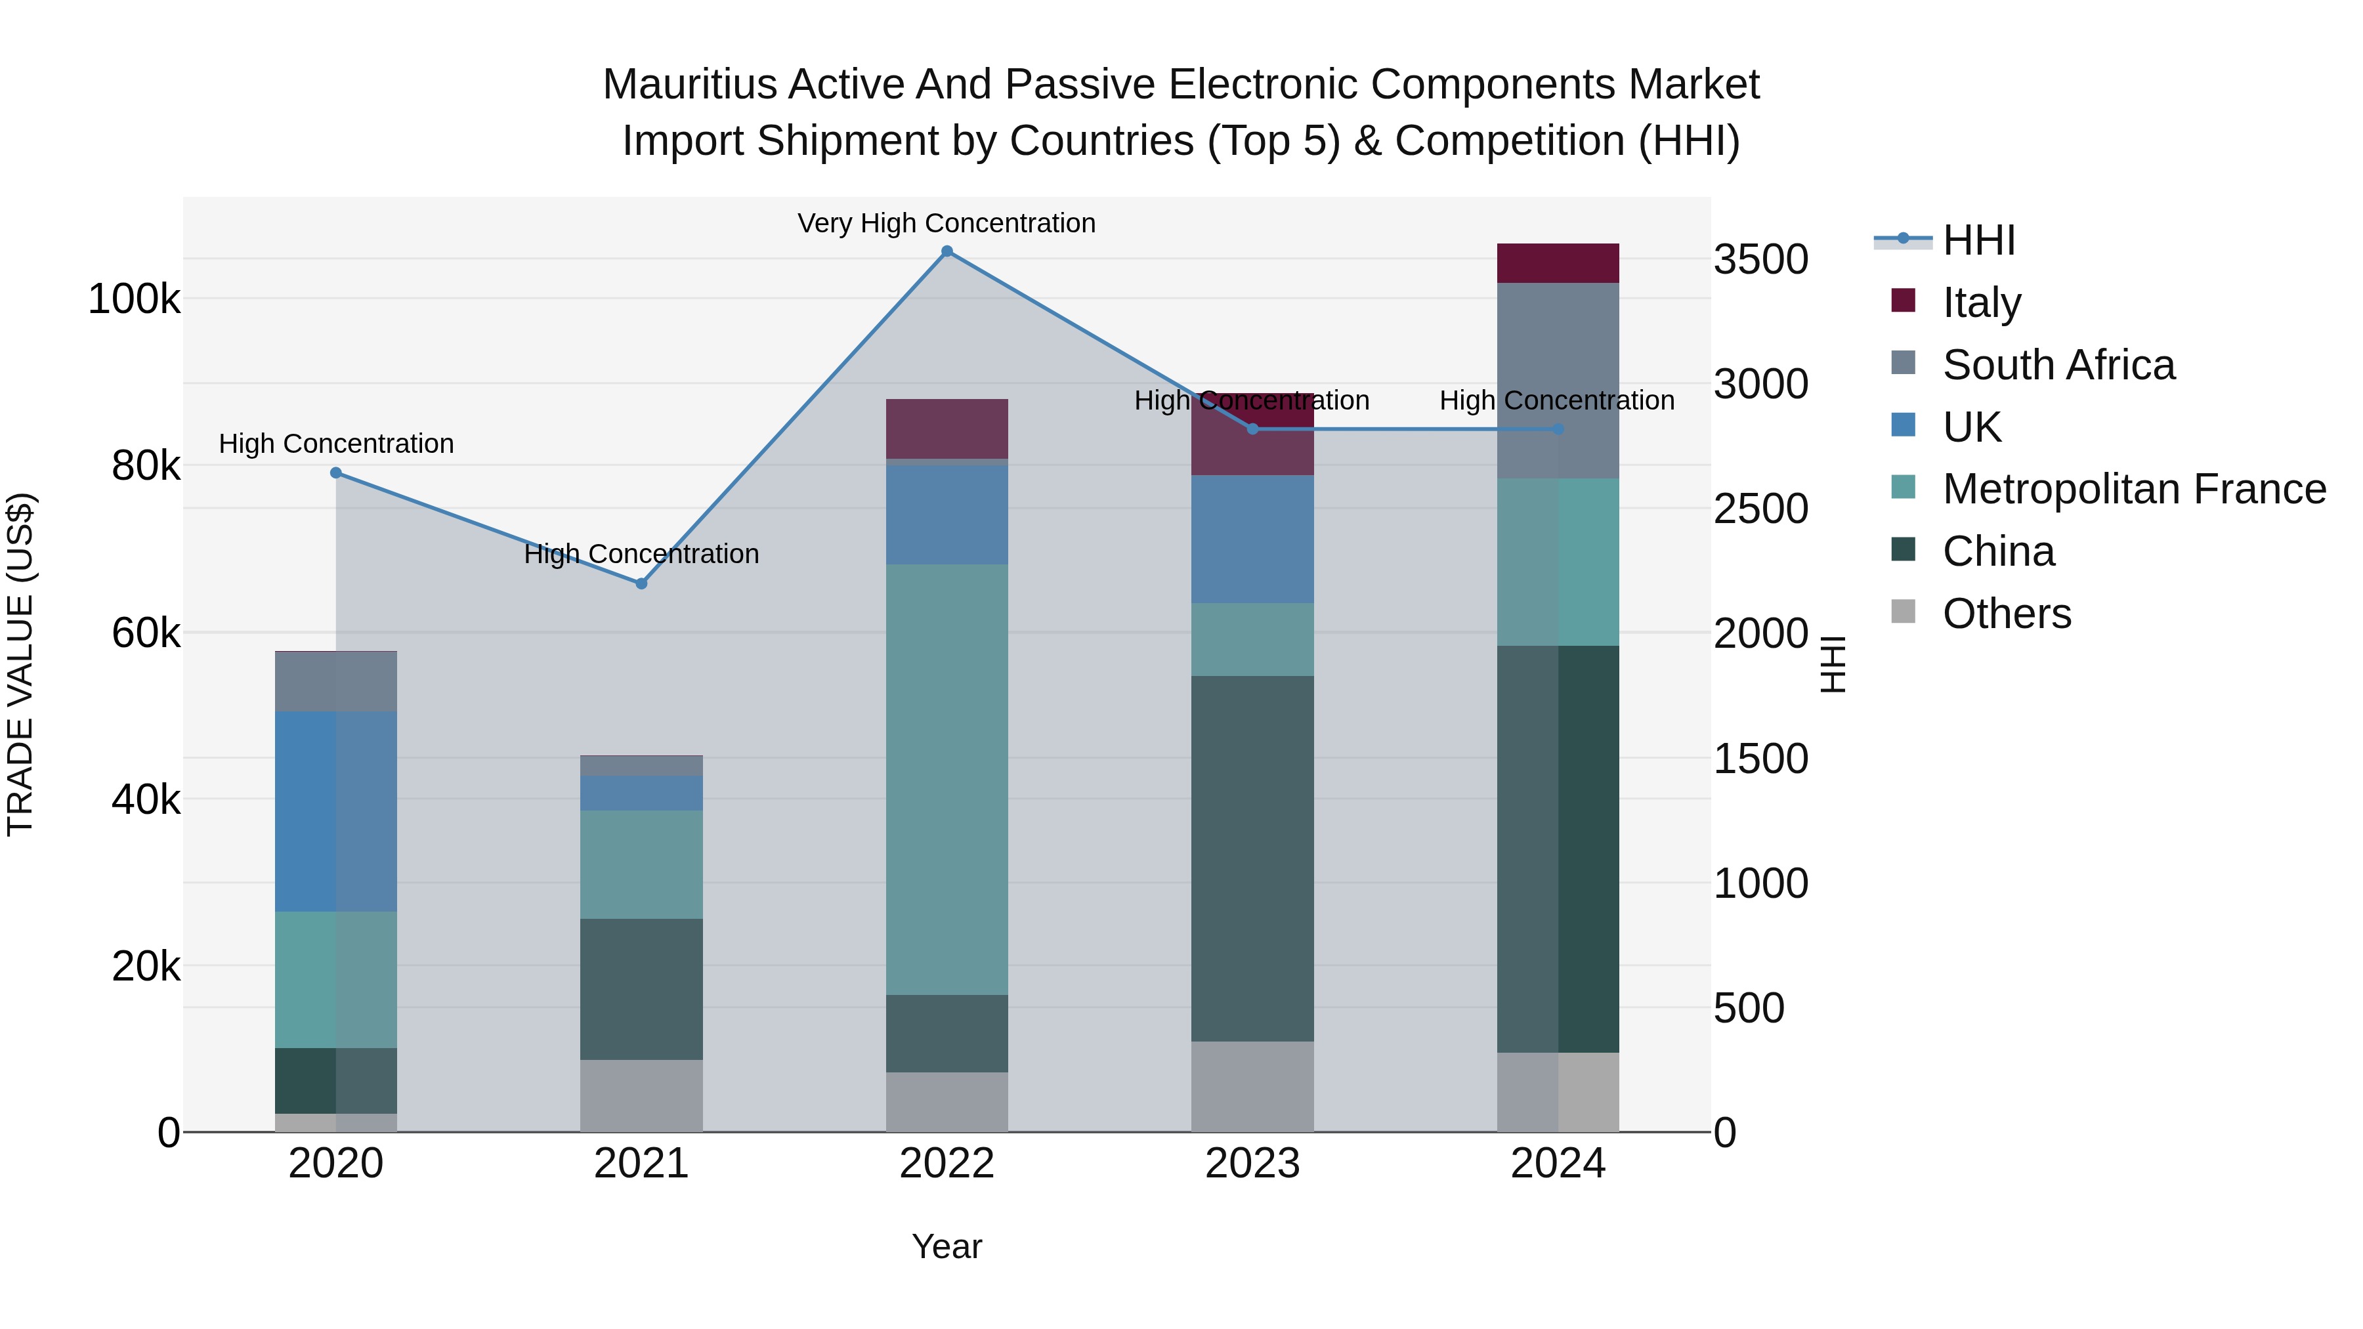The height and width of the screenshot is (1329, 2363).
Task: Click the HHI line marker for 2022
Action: [x=947, y=251]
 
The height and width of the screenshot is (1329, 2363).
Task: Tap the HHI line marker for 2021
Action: [x=641, y=583]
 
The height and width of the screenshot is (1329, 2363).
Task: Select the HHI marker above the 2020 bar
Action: [x=335, y=473]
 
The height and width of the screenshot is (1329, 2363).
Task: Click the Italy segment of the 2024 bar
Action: [x=1558, y=263]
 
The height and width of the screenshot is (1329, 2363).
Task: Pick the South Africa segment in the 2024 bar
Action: [x=1558, y=381]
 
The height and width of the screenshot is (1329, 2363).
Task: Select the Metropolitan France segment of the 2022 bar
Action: [x=947, y=780]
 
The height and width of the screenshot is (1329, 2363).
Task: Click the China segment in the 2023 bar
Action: [x=1252, y=858]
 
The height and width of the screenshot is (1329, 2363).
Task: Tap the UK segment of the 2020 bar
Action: [x=335, y=812]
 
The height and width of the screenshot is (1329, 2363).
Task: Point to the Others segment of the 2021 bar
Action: [x=641, y=1096]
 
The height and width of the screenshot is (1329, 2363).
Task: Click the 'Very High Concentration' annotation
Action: [x=947, y=224]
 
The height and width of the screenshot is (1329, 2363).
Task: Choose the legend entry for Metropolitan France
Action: [x=2134, y=489]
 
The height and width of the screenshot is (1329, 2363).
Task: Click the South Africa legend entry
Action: [x=2058, y=365]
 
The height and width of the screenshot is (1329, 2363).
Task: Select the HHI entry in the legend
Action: [x=1978, y=240]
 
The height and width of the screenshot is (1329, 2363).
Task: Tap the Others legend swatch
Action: [x=1904, y=612]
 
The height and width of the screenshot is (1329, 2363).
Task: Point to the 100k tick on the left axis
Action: [x=134, y=299]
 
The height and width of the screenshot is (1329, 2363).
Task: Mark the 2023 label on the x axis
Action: [x=1252, y=1164]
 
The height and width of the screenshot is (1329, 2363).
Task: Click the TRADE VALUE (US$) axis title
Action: [x=20, y=664]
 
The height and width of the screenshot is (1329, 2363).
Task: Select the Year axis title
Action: [x=947, y=1246]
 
